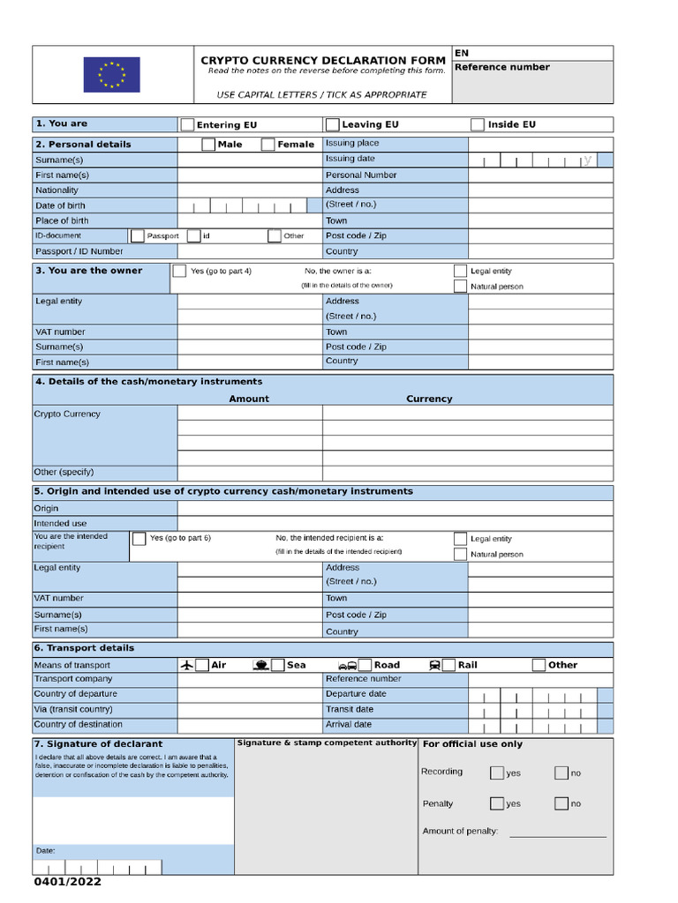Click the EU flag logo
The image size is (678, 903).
[111, 74]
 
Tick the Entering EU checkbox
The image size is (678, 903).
[187, 125]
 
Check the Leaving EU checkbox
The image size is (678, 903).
[332, 124]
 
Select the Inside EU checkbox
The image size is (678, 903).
[478, 124]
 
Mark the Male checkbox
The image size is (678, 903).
[207, 145]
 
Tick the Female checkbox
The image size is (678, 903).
[267, 145]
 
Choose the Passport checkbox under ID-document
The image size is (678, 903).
[137, 236]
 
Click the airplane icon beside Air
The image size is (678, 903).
[186, 665]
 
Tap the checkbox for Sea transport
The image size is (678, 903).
[277, 665]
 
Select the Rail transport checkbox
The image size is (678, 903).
[448, 665]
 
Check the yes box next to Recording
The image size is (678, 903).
[497, 773]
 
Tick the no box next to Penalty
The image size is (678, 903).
[561, 803]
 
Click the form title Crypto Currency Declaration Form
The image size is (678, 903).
[323, 60]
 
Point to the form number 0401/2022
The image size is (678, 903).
[68, 882]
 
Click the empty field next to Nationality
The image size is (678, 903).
[250, 190]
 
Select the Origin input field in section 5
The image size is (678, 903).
[395, 508]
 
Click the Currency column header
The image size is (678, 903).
[429, 399]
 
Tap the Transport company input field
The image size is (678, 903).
[250, 679]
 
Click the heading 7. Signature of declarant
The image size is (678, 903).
[98, 744]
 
